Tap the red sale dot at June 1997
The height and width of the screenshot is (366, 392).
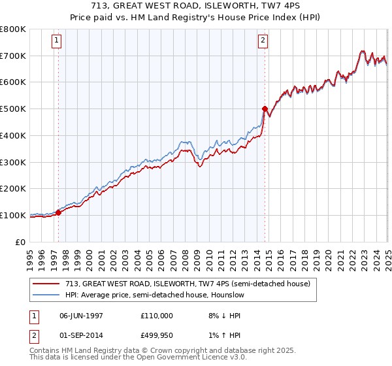click(x=58, y=212)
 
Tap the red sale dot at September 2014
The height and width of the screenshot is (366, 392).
click(x=265, y=108)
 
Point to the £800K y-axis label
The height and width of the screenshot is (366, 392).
click(x=13, y=29)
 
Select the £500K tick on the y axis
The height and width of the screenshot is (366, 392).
click(x=13, y=108)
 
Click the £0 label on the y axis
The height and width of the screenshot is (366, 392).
click(x=20, y=242)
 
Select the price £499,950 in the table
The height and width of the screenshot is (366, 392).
click(x=157, y=337)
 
